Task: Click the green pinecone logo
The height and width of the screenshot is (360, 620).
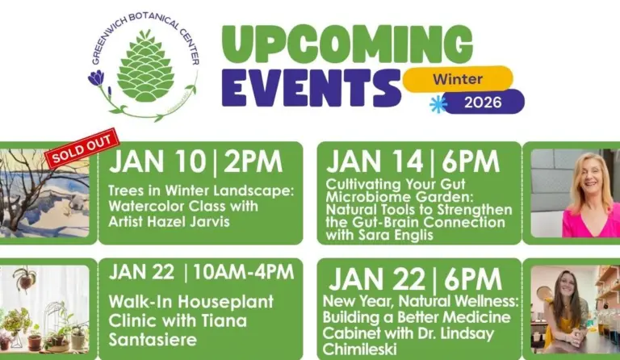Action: [x=145, y=66]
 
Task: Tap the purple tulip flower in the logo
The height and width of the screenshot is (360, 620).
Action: [x=96, y=78]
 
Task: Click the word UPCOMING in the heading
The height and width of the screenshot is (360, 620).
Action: [x=347, y=45]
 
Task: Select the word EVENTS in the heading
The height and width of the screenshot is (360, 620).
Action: [x=310, y=88]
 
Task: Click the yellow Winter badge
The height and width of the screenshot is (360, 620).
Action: [x=458, y=78]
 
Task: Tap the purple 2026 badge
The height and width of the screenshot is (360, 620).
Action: [x=483, y=102]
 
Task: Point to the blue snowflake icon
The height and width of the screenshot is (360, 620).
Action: [x=438, y=104]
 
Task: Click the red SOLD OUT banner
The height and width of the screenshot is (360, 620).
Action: [x=80, y=149]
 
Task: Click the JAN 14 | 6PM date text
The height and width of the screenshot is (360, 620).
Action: [x=413, y=161]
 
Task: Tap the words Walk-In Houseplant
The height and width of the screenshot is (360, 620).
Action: [x=191, y=302]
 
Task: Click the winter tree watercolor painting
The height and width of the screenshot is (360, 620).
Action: [x=44, y=194]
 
